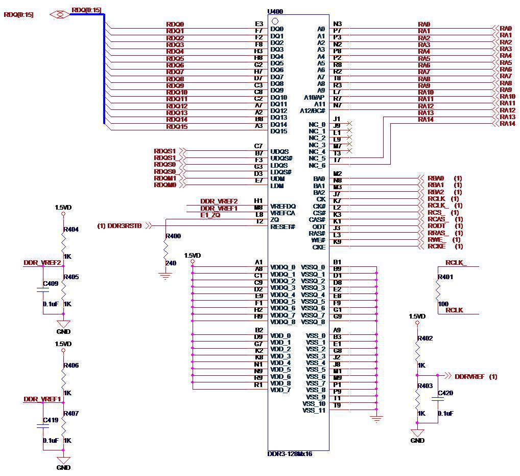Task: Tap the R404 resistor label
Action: (x=72, y=230)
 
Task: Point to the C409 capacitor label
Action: (x=51, y=283)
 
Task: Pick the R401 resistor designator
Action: (x=446, y=278)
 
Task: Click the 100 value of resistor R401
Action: (x=443, y=304)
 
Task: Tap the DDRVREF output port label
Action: (x=470, y=377)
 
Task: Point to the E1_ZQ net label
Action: (x=210, y=215)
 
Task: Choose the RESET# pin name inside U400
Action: (x=283, y=226)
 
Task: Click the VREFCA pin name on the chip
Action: (x=283, y=213)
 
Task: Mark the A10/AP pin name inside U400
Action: (x=314, y=97)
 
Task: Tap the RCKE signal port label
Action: (x=437, y=246)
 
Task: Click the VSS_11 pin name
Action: (x=314, y=411)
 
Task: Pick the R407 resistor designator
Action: (x=72, y=413)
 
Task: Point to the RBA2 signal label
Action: (x=436, y=192)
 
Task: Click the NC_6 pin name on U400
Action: (x=317, y=166)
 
